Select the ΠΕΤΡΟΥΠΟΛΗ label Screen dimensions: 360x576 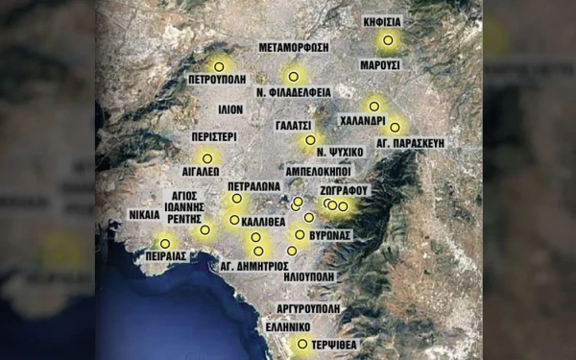click(220, 81)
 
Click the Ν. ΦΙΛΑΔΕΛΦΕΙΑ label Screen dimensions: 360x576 click(294, 92)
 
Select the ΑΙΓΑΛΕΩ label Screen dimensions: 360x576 click(203, 175)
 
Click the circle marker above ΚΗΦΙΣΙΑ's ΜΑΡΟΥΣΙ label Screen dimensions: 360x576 click(388, 40)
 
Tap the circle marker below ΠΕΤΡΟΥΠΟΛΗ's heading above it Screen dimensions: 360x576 click(219, 66)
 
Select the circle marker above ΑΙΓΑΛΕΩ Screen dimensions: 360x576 click(206, 158)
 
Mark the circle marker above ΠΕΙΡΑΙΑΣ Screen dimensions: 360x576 click(165, 242)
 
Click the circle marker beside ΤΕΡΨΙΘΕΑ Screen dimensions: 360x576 click(302, 344)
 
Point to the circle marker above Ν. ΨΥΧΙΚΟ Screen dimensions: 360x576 click(309, 139)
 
